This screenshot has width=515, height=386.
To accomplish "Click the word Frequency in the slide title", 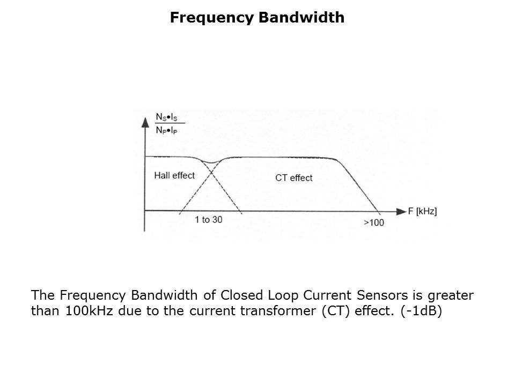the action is click(212, 18).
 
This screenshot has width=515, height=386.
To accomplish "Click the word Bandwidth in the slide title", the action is click(301, 17).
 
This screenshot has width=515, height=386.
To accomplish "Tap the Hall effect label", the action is click(174, 175).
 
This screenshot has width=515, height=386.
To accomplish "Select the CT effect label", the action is click(293, 177).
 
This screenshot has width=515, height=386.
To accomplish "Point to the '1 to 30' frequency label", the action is click(209, 219).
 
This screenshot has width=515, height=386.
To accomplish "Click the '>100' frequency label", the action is click(374, 222).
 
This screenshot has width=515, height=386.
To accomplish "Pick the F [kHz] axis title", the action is click(422, 211).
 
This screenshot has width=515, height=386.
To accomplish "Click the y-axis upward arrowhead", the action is click(145, 122).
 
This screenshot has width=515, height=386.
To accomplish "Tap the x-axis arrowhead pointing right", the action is click(401, 211).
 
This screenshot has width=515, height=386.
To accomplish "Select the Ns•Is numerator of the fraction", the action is click(166, 117).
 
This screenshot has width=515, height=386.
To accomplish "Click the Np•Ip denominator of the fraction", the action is click(166, 130).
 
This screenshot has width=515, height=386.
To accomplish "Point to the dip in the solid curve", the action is click(211, 162).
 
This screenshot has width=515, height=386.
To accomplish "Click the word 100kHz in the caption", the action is click(89, 310).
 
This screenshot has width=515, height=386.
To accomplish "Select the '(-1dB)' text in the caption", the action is click(422, 310).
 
